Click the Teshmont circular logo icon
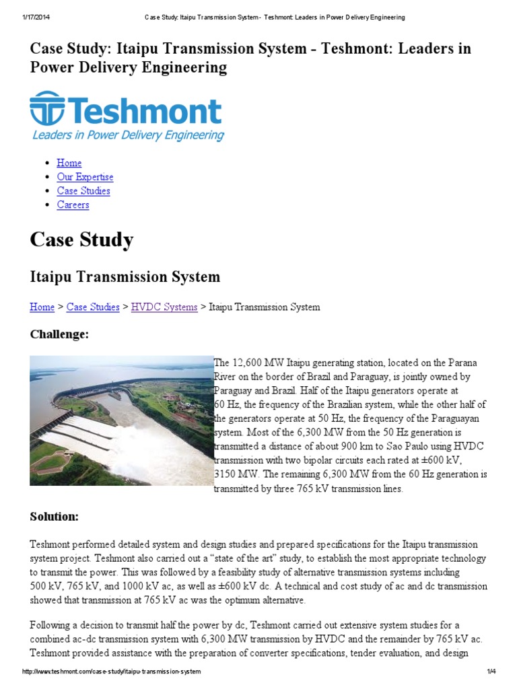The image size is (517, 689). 46,110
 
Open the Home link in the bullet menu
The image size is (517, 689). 69,163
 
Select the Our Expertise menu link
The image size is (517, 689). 85,177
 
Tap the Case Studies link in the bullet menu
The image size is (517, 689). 83,191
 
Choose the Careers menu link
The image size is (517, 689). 73,205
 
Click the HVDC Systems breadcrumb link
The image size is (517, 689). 164,307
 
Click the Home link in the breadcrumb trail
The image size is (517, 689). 42,307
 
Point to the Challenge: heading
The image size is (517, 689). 59,334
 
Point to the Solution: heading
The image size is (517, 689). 55,517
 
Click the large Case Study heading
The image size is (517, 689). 81,240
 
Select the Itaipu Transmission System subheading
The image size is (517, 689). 125,277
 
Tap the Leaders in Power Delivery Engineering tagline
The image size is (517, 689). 128,135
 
